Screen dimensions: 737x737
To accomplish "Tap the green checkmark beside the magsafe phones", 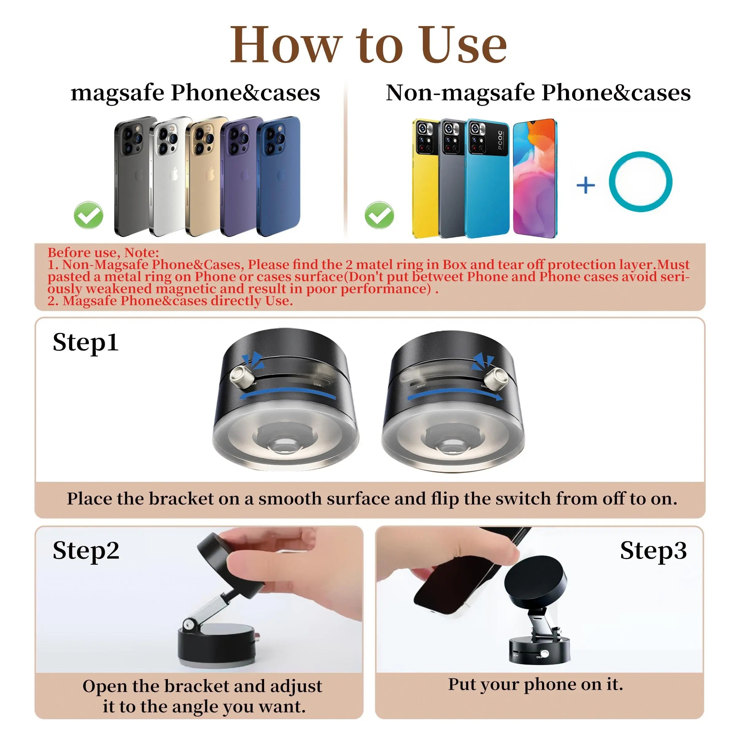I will point(88,215).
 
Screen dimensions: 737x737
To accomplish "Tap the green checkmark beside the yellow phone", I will point(379,215).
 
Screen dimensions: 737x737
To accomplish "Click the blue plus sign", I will point(586,186).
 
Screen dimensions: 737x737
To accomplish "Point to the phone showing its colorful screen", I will point(534,179).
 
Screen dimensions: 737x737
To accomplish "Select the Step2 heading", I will point(86,551).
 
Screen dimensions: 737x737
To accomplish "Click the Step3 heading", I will point(653,551).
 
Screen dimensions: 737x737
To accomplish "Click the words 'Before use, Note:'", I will point(103,252).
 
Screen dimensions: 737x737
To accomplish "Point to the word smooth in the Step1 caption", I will point(290,499).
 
